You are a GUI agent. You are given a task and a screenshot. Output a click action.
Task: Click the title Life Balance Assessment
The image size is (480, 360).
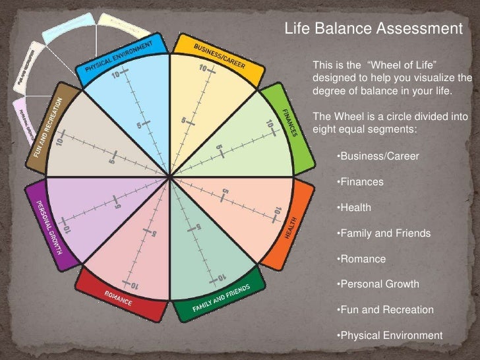(373, 28)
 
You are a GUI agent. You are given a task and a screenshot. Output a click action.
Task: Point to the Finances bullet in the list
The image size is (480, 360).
(359, 182)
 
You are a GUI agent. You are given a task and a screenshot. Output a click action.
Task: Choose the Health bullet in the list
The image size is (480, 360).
(353, 208)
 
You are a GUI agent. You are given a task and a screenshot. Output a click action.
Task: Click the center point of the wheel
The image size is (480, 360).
(171, 177)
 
